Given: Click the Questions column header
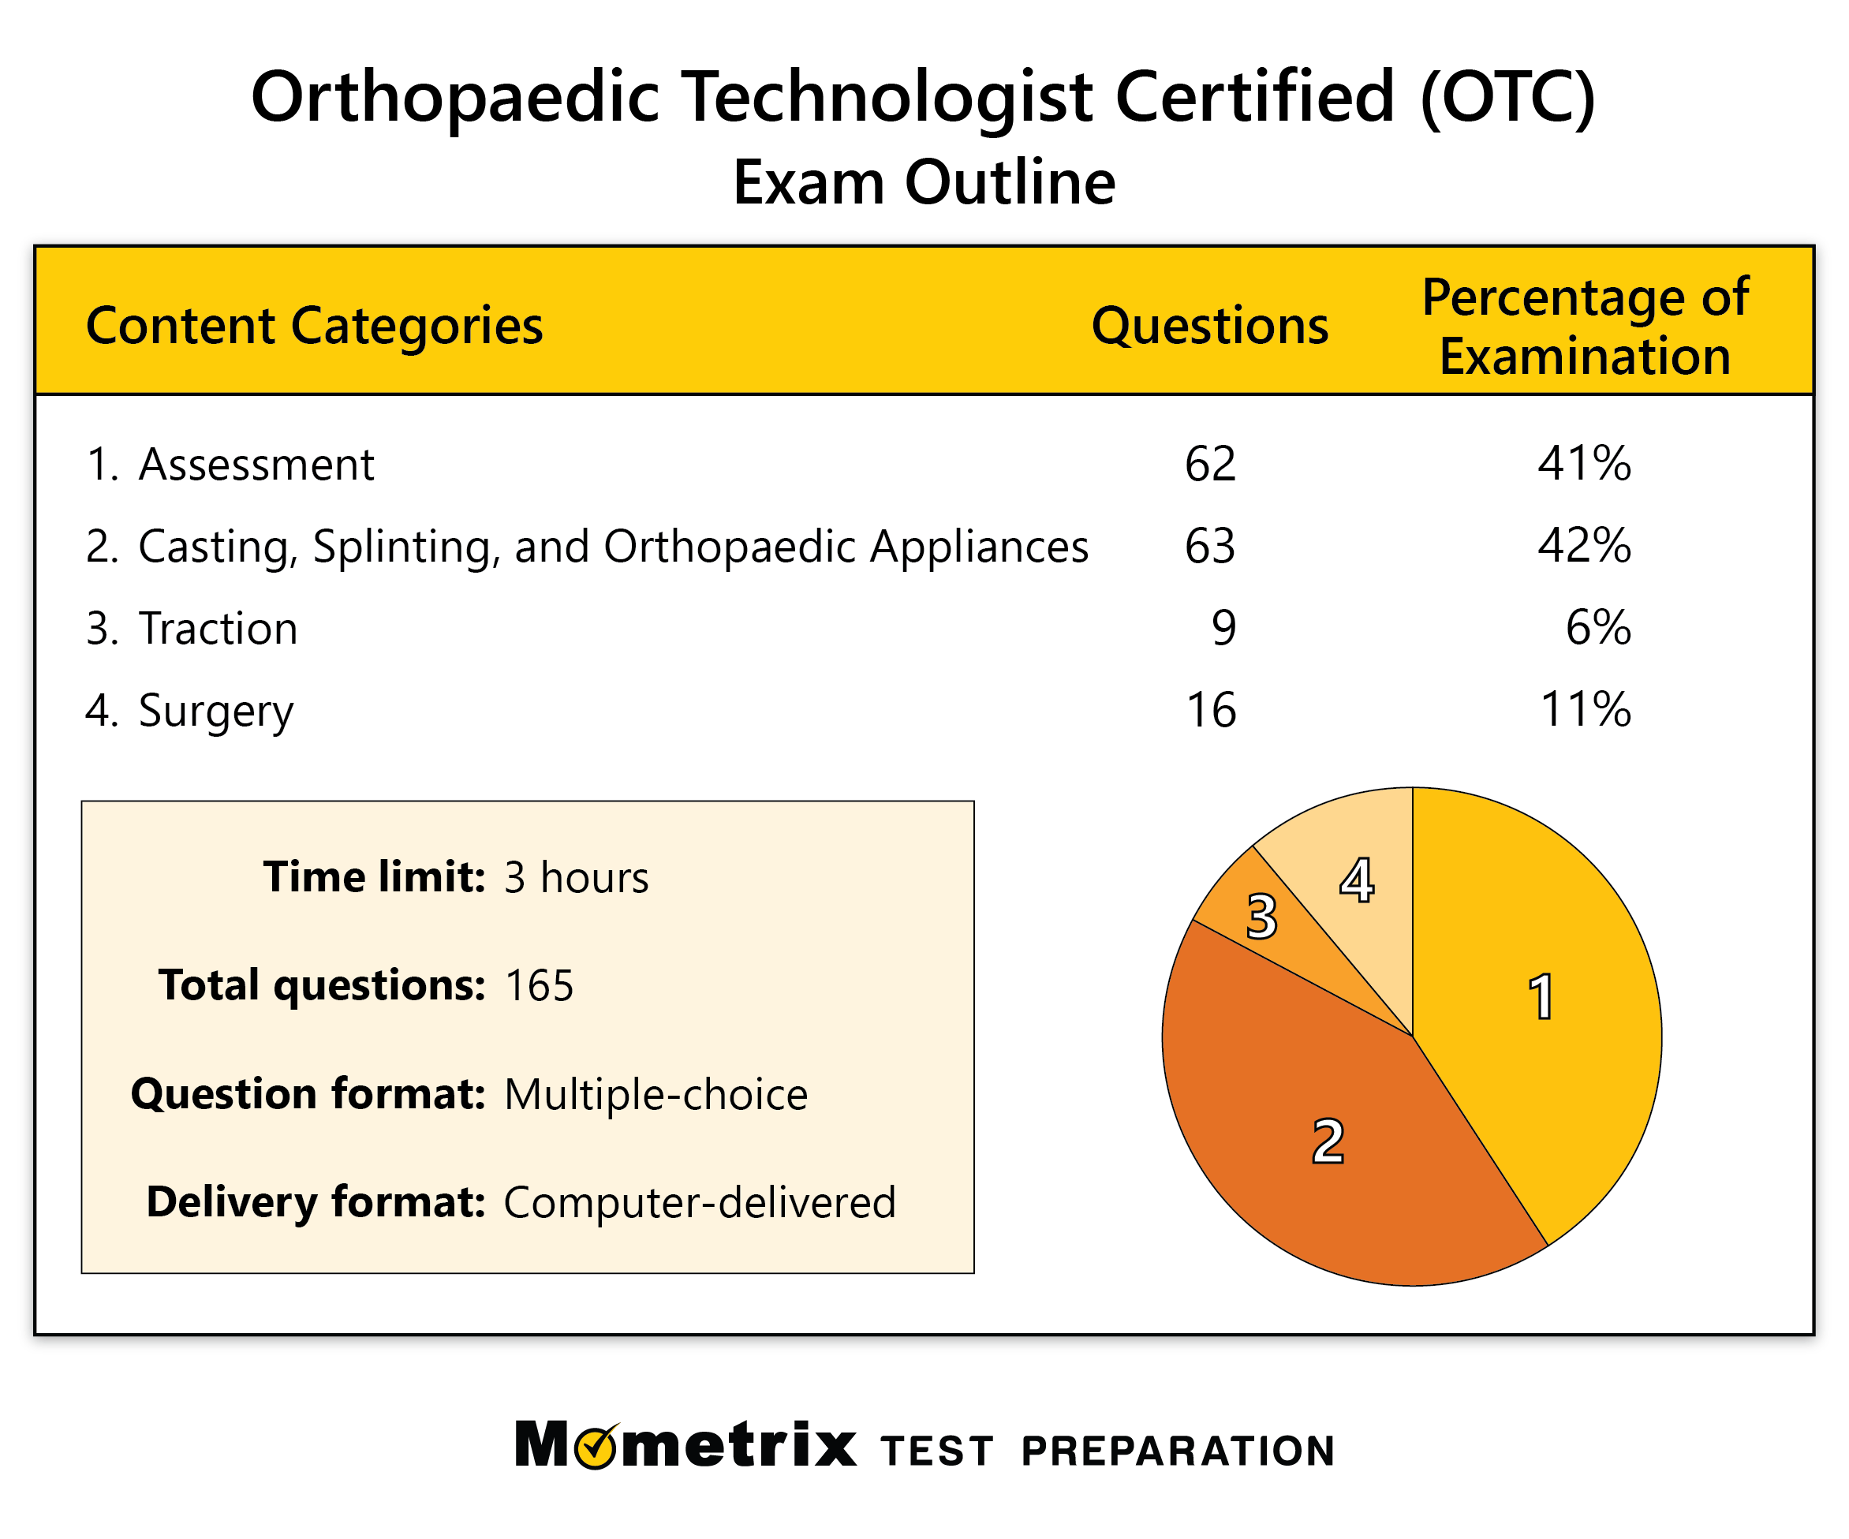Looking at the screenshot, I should coord(1209,326).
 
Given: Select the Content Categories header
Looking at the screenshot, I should coord(314,326).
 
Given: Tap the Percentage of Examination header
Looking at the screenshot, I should coord(1584,327).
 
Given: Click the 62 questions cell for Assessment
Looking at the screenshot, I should coord(1210,464).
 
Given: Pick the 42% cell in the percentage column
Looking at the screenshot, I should coord(1584,546).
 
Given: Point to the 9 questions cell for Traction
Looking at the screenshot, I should coord(1223,628).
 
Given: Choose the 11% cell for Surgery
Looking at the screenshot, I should coord(1584,710).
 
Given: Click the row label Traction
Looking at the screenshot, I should coord(219,629).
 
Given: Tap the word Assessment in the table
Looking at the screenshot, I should coord(256,465).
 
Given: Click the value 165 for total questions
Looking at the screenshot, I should coord(539,986).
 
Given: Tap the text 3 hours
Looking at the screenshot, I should coord(576,878).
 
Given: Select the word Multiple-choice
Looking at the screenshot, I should coord(655,1094).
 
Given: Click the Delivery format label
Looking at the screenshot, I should coord(316,1202).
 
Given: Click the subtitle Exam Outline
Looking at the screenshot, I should coord(924,182).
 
